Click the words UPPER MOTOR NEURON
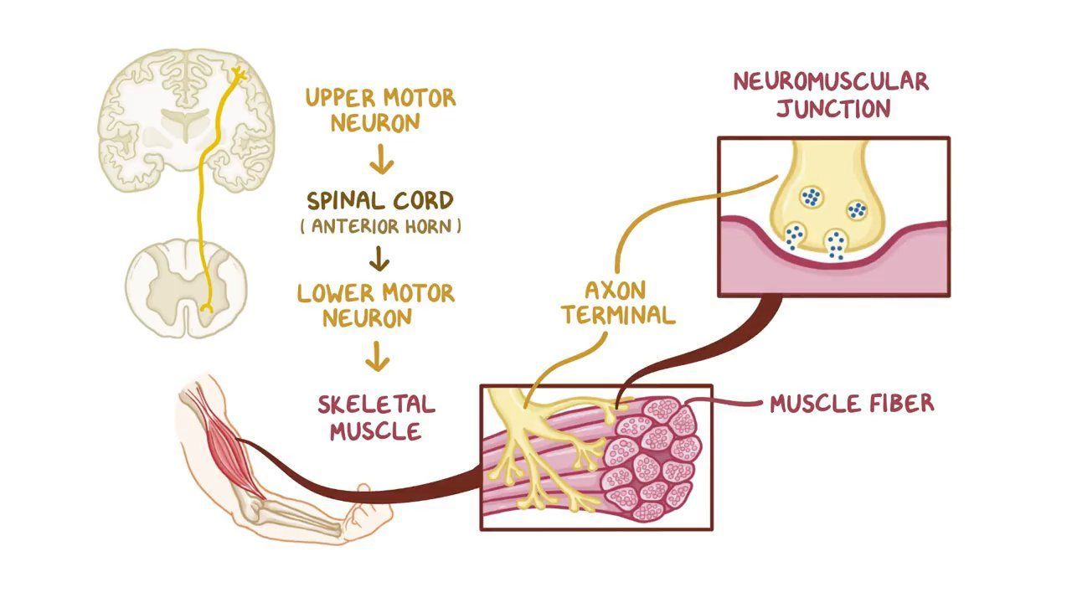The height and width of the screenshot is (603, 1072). [x=380, y=110]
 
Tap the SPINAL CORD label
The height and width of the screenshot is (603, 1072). [x=379, y=201]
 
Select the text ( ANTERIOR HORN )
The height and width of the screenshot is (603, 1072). [x=379, y=226]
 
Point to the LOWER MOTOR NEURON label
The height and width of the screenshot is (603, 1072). [x=376, y=305]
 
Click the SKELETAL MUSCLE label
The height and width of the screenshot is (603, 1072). [x=376, y=417]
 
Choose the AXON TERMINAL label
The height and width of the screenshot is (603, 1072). [x=617, y=302]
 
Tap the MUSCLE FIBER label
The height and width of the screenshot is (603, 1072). [x=851, y=404]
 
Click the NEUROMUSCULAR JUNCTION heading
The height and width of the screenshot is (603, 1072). [x=831, y=95]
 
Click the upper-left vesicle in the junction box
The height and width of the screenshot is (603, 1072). [x=810, y=197]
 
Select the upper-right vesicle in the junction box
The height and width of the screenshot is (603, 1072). [x=856, y=209]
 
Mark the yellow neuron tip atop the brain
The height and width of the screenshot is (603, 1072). [x=238, y=75]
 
